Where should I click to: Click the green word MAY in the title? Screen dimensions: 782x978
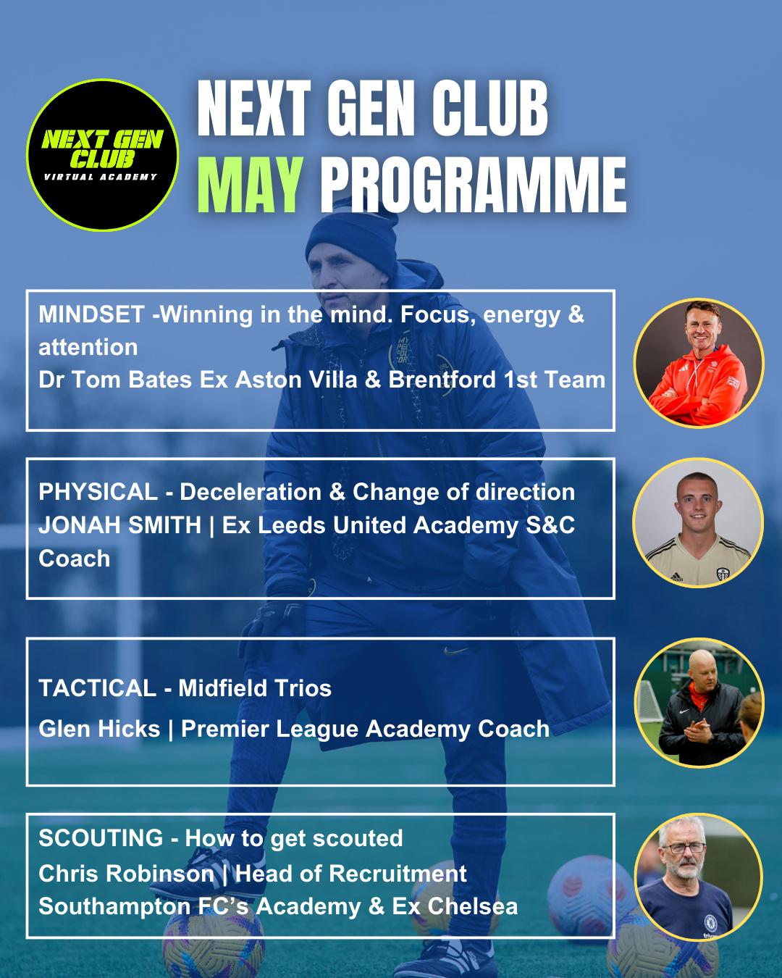click(x=251, y=185)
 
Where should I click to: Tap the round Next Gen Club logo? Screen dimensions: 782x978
click(x=103, y=154)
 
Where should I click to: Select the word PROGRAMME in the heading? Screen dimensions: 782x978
click(x=473, y=185)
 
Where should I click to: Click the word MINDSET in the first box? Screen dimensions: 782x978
click(x=91, y=314)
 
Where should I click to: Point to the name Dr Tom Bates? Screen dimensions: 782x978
click(x=115, y=380)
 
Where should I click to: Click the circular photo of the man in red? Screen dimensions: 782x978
click(x=699, y=363)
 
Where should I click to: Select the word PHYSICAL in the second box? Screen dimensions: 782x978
click(x=98, y=492)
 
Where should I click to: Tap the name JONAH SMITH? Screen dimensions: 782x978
click(x=120, y=525)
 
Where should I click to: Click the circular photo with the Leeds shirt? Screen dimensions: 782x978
click(x=698, y=522)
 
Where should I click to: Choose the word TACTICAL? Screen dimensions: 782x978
click(x=98, y=688)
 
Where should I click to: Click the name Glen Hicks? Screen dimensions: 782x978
click(x=99, y=729)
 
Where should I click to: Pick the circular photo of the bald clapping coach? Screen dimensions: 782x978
click(x=699, y=703)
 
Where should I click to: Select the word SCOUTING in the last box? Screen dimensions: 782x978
click(x=101, y=838)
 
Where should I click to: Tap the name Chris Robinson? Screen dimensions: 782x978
click(x=126, y=874)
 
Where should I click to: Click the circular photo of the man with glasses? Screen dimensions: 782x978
click(x=699, y=878)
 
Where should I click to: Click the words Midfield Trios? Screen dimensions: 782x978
click(x=255, y=688)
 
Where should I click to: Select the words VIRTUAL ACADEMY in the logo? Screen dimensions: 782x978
click(x=101, y=177)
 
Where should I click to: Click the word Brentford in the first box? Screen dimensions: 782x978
click(x=442, y=380)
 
